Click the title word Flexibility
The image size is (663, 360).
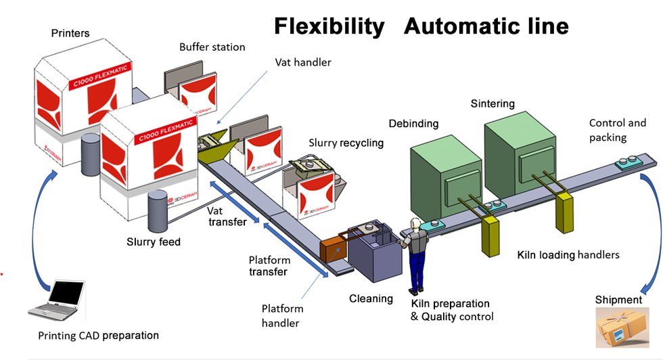pyautogui.click(x=329, y=26)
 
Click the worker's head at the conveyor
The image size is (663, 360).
pyautogui.click(x=417, y=225)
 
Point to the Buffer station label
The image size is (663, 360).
pyautogui.click(x=212, y=47)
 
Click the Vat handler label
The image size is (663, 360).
pyautogui.click(x=302, y=62)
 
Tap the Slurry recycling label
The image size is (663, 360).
pyautogui.click(x=346, y=143)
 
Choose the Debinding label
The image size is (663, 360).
pyautogui.click(x=413, y=124)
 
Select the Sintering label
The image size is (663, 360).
pyautogui.click(x=493, y=104)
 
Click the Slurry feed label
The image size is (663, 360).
pyautogui.click(x=154, y=242)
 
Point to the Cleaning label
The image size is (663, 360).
pyautogui.click(x=371, y=298)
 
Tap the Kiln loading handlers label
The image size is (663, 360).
pyautogui.click(x=568, y=255)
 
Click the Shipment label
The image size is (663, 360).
pyautogui.click(x=618, y=299)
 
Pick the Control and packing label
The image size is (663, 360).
pyautogui.click(x=617, y=130)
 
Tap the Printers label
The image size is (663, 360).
pyautogui.click(x=70, y=33)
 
